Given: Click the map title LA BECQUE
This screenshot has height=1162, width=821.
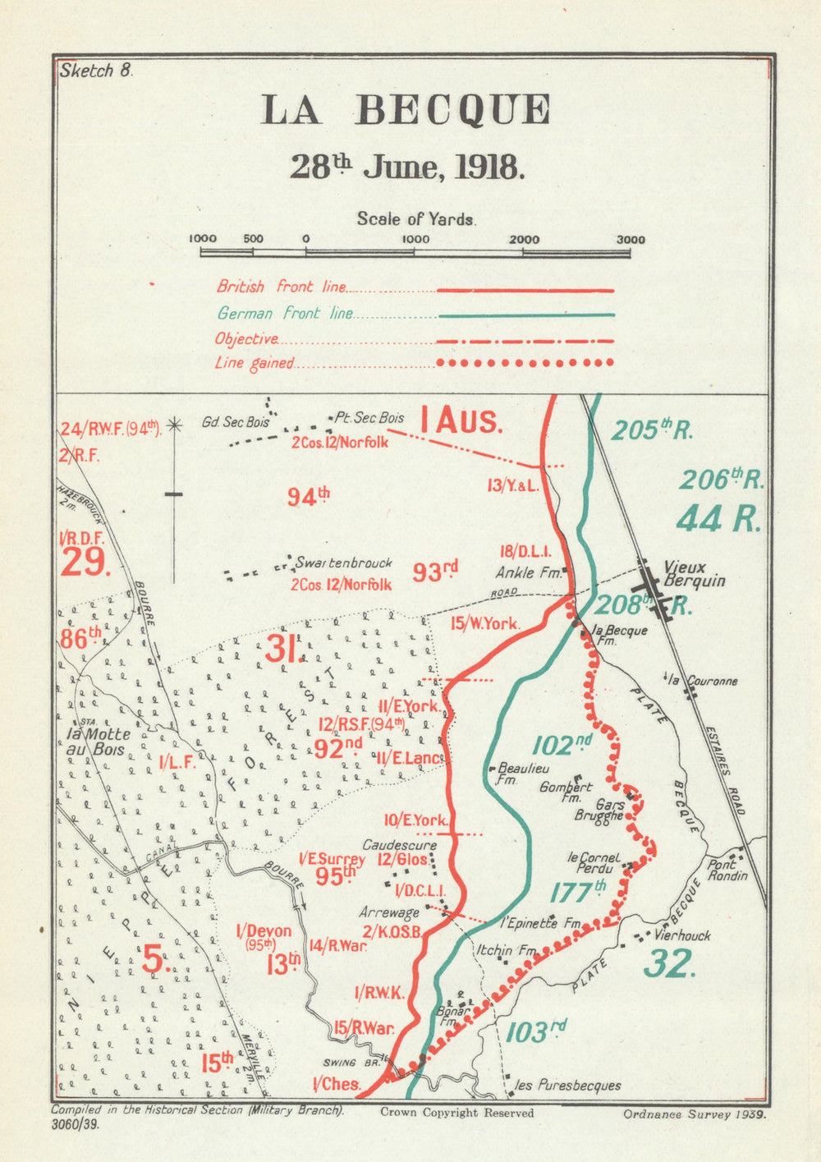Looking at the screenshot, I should coord(406,110).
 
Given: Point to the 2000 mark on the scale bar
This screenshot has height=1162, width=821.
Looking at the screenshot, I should coord(524,240).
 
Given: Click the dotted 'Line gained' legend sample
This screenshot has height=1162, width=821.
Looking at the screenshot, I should coord(525,363).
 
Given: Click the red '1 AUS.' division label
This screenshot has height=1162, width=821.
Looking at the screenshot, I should coord(460,422).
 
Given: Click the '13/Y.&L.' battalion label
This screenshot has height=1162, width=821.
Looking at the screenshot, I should coord(511,486).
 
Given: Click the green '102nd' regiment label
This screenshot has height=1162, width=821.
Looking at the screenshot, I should coord(562,744).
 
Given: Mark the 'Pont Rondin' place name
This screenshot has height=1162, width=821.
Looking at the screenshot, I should coord(728,870).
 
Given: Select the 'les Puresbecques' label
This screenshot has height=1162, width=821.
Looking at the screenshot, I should coord(566,1086).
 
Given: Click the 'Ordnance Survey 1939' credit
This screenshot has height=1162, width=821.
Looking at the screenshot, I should coord(694,1114).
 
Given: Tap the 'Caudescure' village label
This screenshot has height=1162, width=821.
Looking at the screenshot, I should coord(400,845).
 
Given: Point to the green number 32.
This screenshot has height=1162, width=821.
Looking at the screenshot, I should coord(669,963).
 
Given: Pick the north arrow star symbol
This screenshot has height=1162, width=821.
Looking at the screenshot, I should coord(174,425).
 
